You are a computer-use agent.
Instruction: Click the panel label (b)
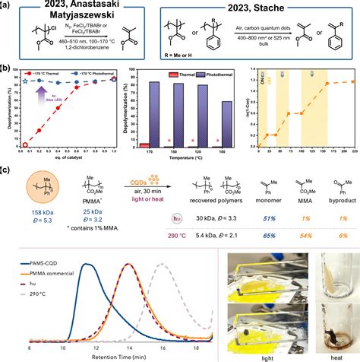[8, 69]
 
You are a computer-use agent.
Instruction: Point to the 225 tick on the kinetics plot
[354, 154]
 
